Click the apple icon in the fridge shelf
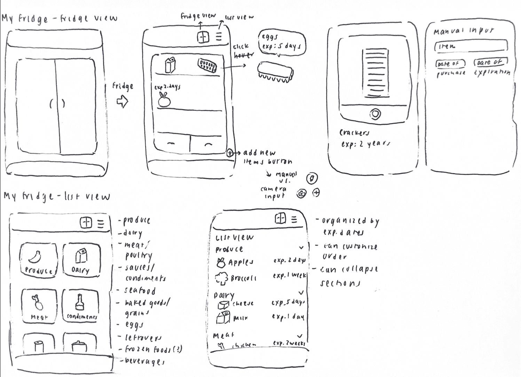tap(164, 100)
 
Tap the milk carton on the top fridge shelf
tap(170, 65)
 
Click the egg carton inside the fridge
tap(207, 65)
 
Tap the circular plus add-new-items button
tap(230, 153)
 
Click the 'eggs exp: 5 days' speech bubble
tap(282, 42)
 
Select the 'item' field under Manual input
tap(470, 46)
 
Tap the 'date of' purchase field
tap(450, 64)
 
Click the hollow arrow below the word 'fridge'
tap(122, 102)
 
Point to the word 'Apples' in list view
tap(240, 262)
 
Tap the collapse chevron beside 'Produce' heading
tap(301, 248)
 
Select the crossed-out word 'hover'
tap(244, 55)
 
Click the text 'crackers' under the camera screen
tap(354, 133)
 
